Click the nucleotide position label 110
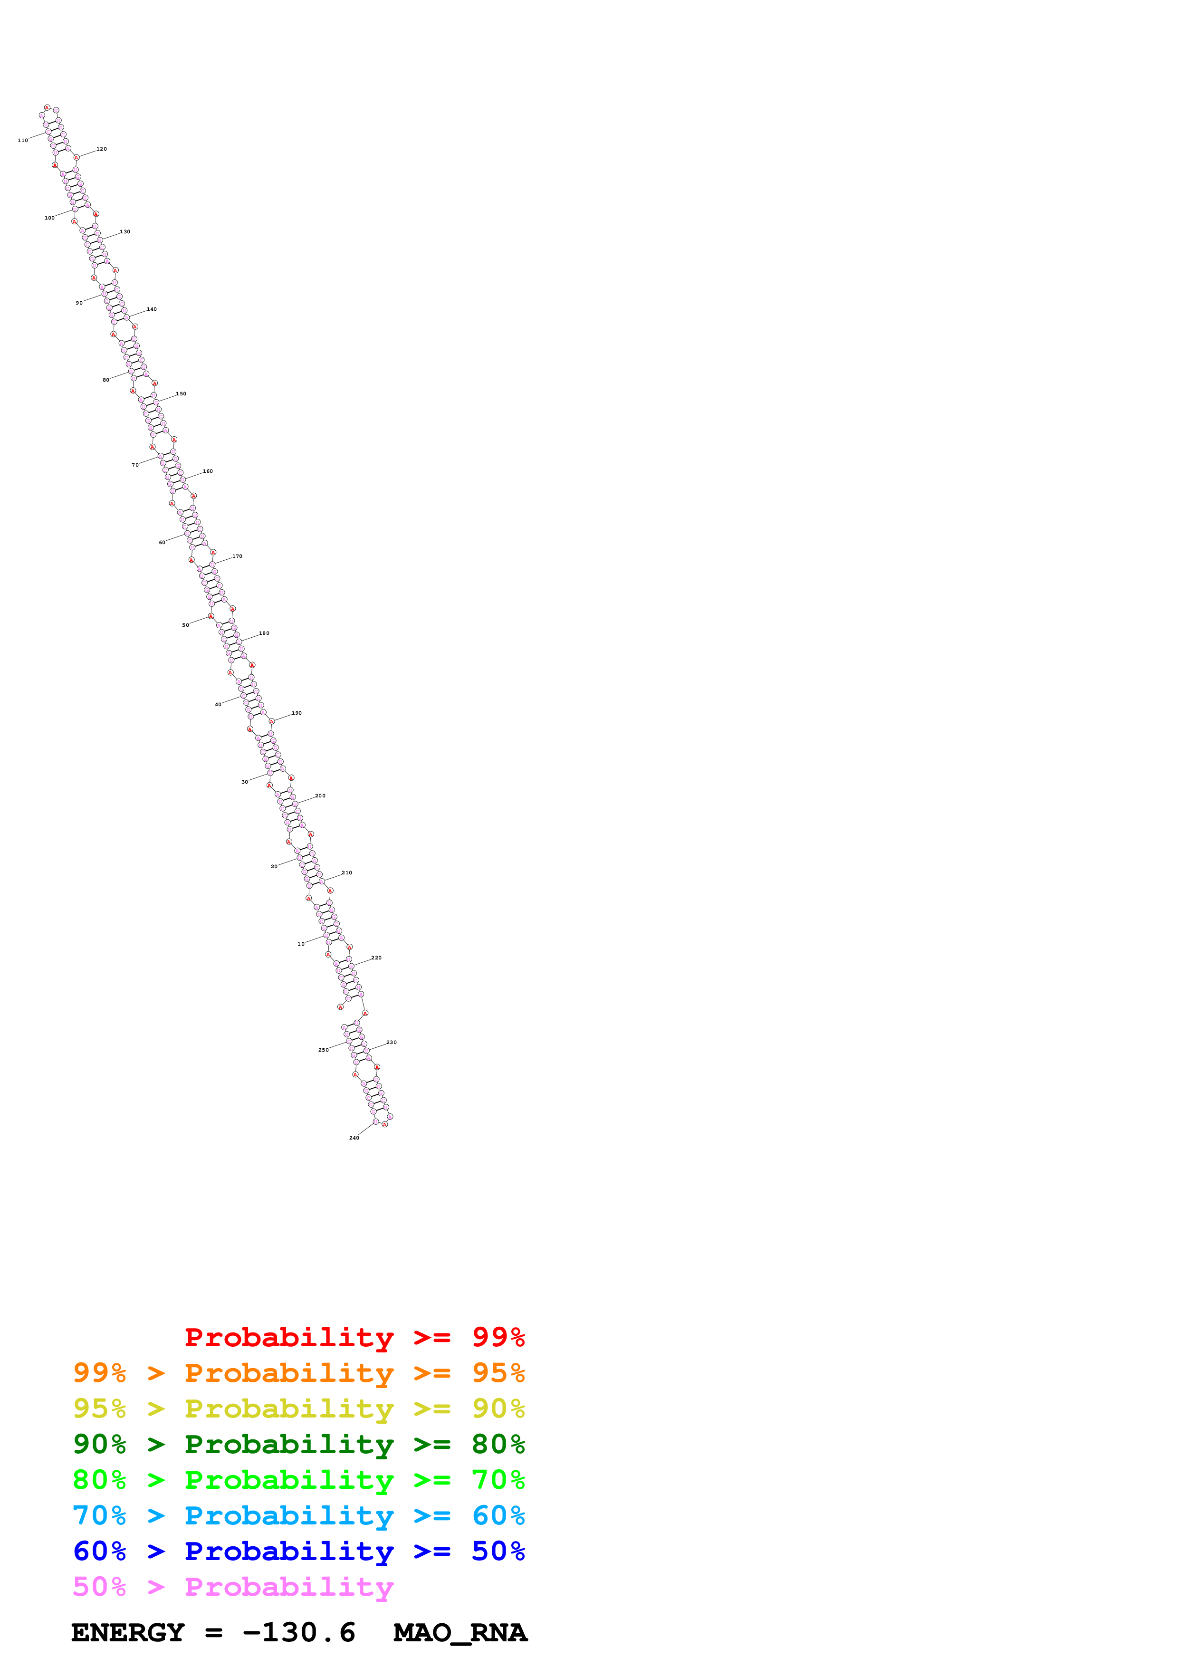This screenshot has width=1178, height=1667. coord(22,140)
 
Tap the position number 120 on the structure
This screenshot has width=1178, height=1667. coord(102,149)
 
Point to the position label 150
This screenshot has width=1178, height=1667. coord(181,393)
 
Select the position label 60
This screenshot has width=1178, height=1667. coord(162,542)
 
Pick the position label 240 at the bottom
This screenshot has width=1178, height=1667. coord(354,1138)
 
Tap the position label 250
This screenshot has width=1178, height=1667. coord(323,1050)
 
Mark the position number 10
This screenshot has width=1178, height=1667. coord(300,944)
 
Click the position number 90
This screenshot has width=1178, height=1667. coord(79,303)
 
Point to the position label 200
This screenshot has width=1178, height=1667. coord(320,796)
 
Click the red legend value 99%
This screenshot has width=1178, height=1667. coord(498,1337)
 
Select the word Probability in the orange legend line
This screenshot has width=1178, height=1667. coord(289,1373)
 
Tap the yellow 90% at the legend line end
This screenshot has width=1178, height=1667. coord(498,1408)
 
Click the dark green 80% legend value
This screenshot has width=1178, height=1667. coord(498,1444)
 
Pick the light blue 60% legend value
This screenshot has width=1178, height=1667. coord(498,1515)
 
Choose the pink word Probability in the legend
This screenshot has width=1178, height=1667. coord(289,1586)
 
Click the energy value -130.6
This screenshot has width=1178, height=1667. coord(298,1632)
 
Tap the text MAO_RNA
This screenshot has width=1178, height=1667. coord(460,1632)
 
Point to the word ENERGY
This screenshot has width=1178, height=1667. coord(128,1632)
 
